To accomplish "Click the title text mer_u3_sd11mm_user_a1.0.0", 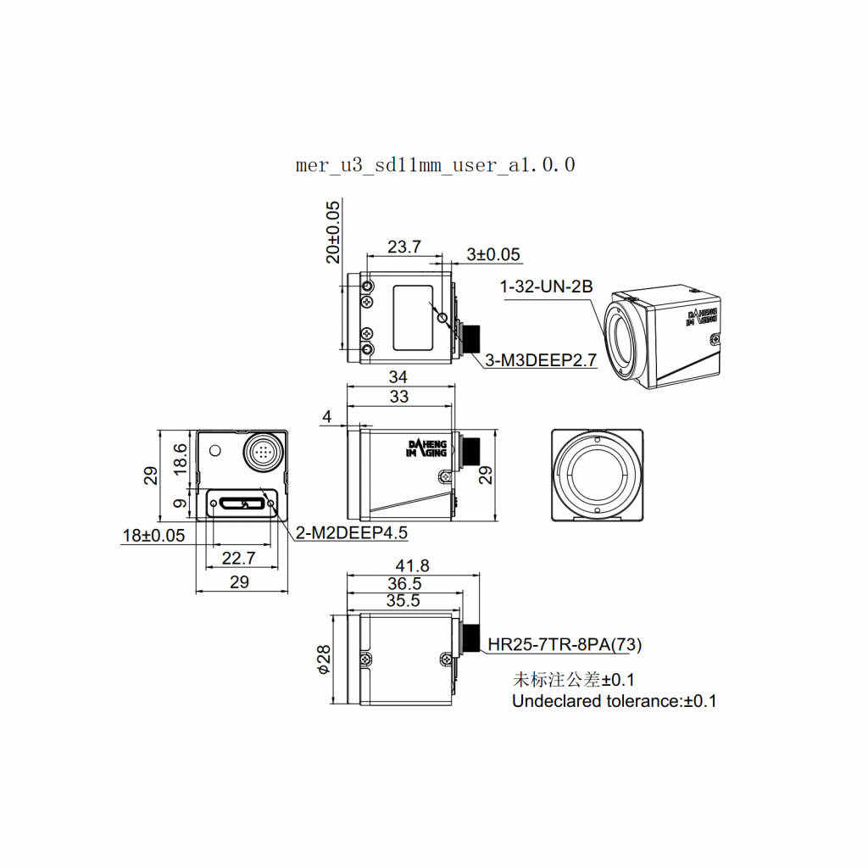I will [435, 164].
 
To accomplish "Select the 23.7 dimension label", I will [403, 247].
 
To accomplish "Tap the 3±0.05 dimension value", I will [493, 254].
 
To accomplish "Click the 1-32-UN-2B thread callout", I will [546, 287].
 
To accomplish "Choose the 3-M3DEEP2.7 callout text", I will [541, 360].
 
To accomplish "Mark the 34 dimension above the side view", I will [398, 377].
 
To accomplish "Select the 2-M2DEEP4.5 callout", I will [351, 532].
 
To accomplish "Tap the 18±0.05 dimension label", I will [153, 535].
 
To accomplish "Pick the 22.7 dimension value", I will [238, 558].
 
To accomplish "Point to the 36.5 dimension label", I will [404, 583].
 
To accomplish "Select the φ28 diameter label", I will [323, 659].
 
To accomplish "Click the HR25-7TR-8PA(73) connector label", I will [565, 645].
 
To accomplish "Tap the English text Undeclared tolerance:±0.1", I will [614, 701].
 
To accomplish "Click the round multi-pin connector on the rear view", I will [263, 450].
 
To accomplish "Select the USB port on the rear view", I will [240, 504].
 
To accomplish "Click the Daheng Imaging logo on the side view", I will [426, 448].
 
